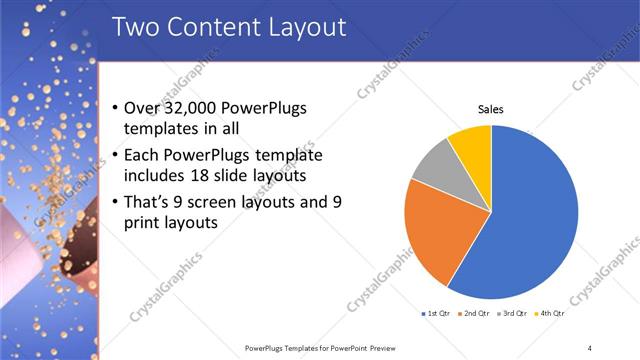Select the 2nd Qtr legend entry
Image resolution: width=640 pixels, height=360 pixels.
[x=474, y=314]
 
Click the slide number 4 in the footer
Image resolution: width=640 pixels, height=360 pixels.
[x=590, y=347]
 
